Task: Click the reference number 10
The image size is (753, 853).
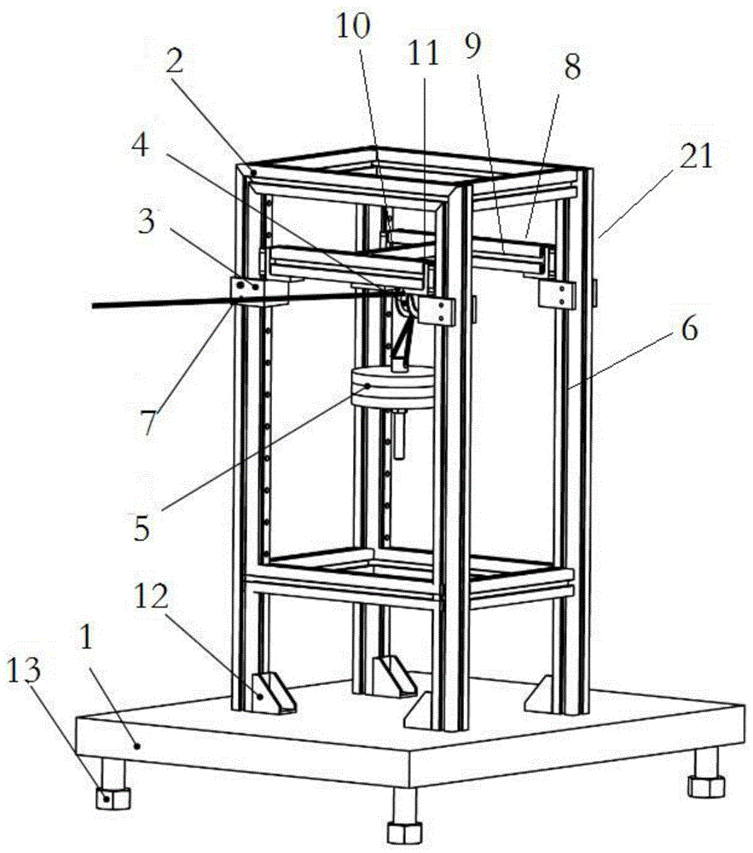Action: click(354, 26)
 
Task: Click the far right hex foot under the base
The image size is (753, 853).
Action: click(708, 782)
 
